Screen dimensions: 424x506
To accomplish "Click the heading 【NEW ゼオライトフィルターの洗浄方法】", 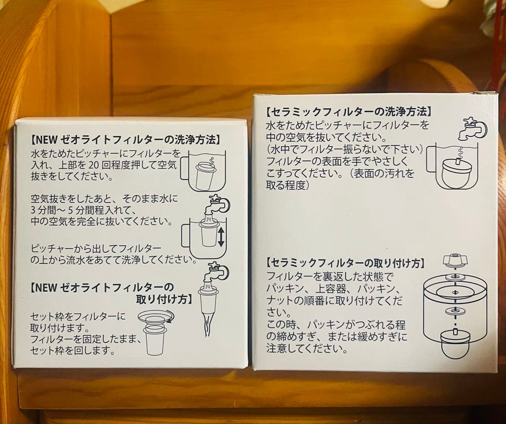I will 125,139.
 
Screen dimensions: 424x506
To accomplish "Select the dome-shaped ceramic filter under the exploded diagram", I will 454,343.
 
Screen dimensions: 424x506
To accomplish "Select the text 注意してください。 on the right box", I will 307,348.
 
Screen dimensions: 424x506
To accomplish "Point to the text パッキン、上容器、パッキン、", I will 333,288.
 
